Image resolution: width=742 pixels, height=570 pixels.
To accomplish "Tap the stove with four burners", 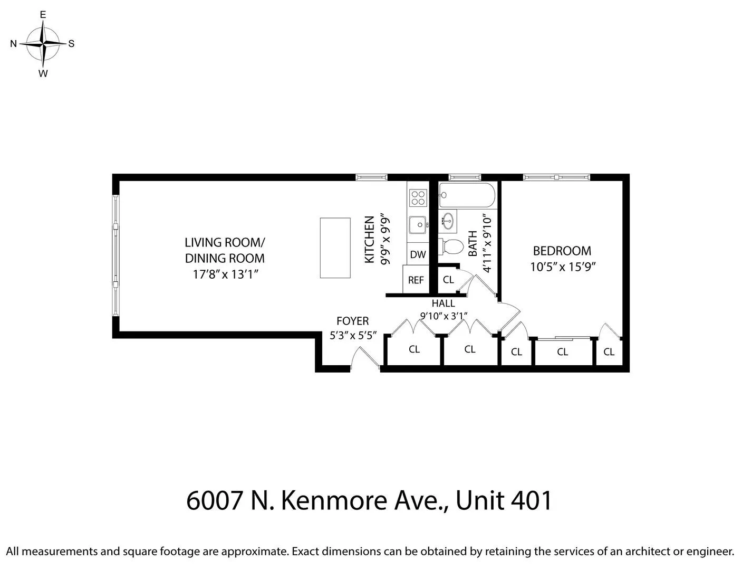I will (418, 197).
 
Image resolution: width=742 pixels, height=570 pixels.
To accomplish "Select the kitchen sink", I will (418, 225).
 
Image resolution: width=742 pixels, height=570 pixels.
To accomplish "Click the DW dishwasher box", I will (418, 254).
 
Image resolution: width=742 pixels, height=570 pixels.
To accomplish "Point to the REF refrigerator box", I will (416, 280).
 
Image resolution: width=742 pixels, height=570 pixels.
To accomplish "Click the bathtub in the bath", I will (467, 195).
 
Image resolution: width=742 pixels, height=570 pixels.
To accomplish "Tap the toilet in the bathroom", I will (451, 246).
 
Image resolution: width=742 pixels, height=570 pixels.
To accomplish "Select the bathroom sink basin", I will (449, 221).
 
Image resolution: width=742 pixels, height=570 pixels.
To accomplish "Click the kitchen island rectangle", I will (335, 248).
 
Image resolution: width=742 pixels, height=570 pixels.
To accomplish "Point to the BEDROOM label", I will (562, 251).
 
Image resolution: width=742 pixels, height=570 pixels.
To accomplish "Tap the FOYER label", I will (352, 321).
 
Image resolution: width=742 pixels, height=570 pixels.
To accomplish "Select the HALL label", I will (443, 303).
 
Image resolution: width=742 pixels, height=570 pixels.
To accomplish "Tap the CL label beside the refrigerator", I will (448, 280).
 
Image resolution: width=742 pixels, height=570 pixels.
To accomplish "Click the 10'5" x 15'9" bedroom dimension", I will (562, 267).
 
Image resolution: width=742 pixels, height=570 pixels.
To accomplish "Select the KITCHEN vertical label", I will (370, 239).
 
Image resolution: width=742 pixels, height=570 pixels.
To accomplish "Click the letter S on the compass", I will (71, 44).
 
